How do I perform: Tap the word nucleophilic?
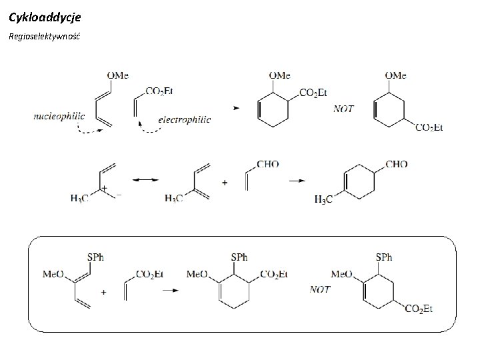pos(59,115)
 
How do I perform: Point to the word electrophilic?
pos(185,119)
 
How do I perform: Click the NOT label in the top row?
pos(343,109)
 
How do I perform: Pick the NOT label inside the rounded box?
pos(321,289)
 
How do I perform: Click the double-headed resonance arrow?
pos(145,180)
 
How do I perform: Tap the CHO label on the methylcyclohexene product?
pos(396,164)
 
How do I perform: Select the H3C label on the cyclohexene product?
pos(324,199)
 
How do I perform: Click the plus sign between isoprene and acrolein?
pos(224,181)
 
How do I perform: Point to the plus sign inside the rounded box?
pos(103,291)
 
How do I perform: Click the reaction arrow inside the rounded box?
pos(171,290)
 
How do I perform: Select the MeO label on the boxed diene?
pos(53,273)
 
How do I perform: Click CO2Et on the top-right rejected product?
pos(429,127)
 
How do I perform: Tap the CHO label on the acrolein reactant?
pos(267,164)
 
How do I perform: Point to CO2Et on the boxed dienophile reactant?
pos(149,273)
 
